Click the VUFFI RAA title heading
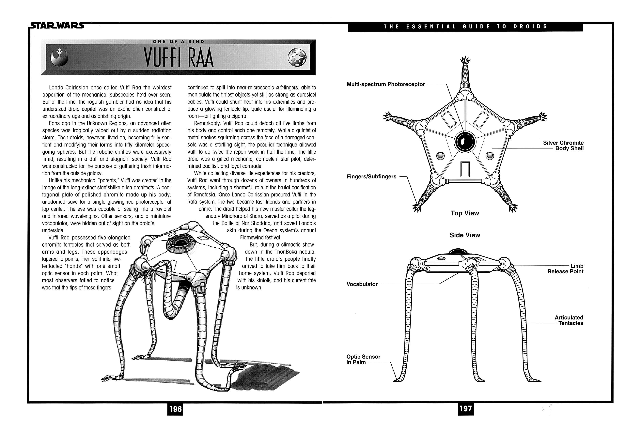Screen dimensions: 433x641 (179, 58)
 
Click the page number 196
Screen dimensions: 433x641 (175, 409)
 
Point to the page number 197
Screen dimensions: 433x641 (465, 409)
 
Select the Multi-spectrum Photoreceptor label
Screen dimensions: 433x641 (386, 84)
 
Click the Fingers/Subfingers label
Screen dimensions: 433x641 (371, 177)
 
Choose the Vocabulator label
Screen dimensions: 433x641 (362, 284)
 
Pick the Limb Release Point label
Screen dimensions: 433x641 (565, 269)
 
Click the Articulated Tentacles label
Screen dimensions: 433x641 (569, 320)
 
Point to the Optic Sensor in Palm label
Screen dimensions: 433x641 (363, 359)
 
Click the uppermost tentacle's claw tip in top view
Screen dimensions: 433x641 (465, 60)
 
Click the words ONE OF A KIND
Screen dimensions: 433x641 (179, 42)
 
